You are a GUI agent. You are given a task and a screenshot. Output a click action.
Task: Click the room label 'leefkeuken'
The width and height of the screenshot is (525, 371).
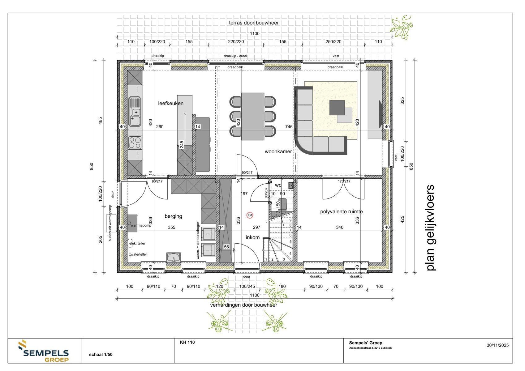click(170, 103)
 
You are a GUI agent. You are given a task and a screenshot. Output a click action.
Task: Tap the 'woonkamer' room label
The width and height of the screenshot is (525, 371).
click(278, 151)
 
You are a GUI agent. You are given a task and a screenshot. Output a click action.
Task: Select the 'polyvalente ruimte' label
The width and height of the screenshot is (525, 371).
click(341, 212)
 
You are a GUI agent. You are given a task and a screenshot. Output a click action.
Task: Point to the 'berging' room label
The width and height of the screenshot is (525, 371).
click(173, 216)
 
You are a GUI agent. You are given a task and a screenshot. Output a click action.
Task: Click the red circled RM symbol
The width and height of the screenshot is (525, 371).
click(250, 215)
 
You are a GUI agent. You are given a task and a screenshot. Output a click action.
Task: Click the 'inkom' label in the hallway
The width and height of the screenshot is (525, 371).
click(252, 237)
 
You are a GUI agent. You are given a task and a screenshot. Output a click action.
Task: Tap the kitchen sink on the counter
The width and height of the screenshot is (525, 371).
click(135, 112)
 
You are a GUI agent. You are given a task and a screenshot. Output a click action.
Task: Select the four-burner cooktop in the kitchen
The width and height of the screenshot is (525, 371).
click(135, 143)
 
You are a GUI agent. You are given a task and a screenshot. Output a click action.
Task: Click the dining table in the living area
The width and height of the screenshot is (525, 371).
click(253, 117)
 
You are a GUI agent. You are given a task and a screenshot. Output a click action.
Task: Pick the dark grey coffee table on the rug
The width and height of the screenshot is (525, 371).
click(337, 107)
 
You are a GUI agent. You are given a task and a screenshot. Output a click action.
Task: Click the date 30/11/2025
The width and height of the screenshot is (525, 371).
click(497, 345)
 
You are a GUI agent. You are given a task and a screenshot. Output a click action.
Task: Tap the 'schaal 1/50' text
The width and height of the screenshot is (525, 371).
click(101, 355)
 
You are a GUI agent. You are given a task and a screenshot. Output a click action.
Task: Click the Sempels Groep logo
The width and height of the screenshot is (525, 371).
click(44, 352)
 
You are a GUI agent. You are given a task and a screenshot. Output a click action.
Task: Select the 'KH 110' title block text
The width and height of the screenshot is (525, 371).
click(187, 342)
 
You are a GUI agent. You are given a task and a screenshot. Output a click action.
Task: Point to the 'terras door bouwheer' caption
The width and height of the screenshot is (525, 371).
click(254, 23)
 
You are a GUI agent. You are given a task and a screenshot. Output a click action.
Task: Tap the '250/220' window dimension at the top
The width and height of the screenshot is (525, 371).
click(333, 42)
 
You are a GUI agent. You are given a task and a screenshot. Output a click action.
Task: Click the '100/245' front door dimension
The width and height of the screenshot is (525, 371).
click(247, 286)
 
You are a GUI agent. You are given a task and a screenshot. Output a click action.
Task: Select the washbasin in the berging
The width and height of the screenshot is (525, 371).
click(174, 257)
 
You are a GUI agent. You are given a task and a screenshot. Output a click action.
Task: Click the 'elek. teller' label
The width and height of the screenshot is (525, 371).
click(137, 243)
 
